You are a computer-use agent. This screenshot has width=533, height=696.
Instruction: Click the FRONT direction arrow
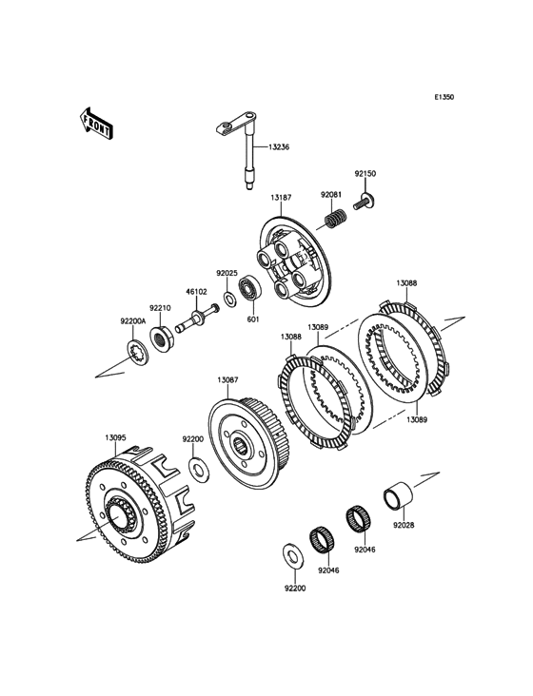[96, 124]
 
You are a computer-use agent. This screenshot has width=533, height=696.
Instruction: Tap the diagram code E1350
[444, 97]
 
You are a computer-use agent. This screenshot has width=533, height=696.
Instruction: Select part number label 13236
[279, 147]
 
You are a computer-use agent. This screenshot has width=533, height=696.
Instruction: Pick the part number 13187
[282, 198]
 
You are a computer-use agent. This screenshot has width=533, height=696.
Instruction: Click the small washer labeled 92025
[230, 300]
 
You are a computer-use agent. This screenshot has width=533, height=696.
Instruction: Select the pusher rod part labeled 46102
[197, 319]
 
